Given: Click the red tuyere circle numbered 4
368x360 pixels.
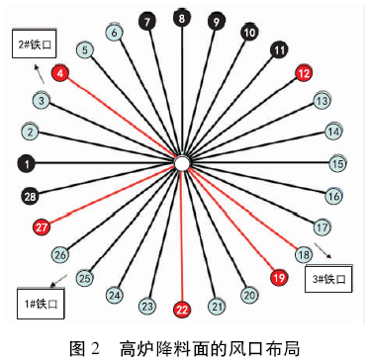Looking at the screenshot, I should coord(61,73).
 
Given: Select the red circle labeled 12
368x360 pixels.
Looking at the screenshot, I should coord(304,73).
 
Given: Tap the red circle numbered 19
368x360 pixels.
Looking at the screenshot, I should coord(279,278).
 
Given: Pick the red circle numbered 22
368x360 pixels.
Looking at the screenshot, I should coord(182,309).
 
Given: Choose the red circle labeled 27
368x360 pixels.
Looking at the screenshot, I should coord(42,226).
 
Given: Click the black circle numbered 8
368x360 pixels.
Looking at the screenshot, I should coord(181,18).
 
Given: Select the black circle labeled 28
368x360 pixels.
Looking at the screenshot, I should coord(30,196).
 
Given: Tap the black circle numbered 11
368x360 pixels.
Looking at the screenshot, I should coord(280,48).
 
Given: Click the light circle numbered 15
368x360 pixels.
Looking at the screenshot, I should coord(338,163).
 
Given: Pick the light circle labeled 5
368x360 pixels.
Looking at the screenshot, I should coord(86,49).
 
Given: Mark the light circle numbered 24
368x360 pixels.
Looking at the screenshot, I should coord(115,295).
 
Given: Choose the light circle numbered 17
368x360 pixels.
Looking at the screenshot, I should coord(322,226).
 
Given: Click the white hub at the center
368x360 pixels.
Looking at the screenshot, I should coord(182,163).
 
